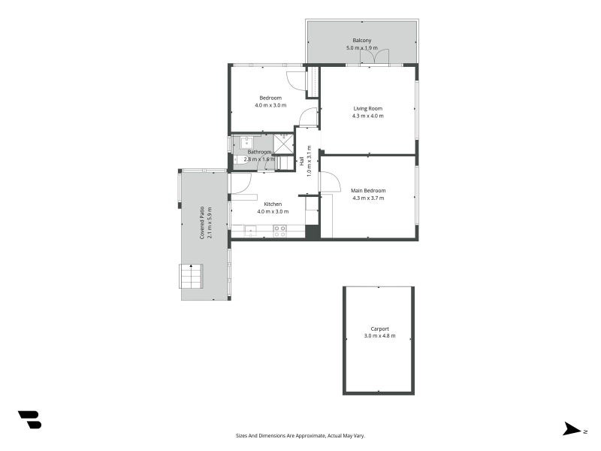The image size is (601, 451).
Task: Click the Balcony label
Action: pyautogui.click(x=362, y=41)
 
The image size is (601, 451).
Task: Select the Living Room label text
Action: pyautogui.click(x=368, y=108)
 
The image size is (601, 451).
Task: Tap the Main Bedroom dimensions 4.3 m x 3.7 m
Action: pyautogui.click(x=367, y=198)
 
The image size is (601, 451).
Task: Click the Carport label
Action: pyautogui.click(x=379, y=328)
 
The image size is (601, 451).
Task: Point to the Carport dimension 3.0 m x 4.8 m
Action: pyautogui.click(x=379, y=336)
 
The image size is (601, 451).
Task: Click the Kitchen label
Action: pyautogui.click(x=272, y=204)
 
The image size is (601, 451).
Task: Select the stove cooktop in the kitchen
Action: pyautogui.click(x=279, y=232)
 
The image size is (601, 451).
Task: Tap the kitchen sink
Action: pyautogui.click(x=250, y=231)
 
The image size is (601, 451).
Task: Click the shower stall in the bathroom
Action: pyautogui.click(x=283, y=143)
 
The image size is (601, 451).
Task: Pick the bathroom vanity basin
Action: pyautogui.click(x=246, y=141)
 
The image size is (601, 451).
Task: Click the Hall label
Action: pyautogui.click(x=302, y=160)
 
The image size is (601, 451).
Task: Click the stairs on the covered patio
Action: pyautogui.click(x=191, y=276)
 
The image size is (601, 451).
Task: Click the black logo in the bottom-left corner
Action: pyautogui.click(x=29, y=419)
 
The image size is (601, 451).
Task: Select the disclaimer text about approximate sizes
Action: pyautogui.click(x=300, y=435)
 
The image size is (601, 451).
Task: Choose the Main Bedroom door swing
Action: pyautogui.click(x=328, y=181)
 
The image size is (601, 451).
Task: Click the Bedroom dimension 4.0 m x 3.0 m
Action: pyautogui.click(x=270, y=106)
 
